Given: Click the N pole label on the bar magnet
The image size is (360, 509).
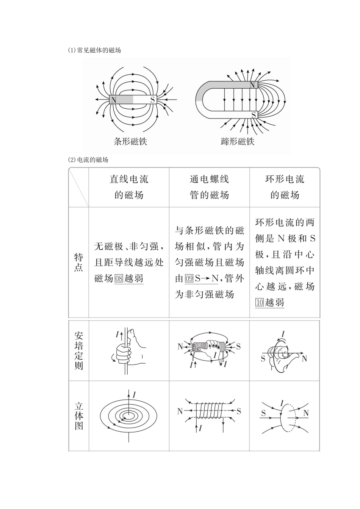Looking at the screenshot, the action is (x=113, y=100).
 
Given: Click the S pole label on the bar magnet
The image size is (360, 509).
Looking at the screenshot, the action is (x=153, y=100).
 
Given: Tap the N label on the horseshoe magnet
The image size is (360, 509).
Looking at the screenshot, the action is (x=253, y=85).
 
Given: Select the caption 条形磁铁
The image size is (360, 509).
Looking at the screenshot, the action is (x=130, y=142).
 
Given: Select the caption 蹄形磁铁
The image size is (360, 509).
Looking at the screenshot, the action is (x=238, y=142).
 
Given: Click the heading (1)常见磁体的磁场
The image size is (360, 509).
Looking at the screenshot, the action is (x=94, y=50).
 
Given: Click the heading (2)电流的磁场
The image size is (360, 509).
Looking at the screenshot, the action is (x=88, y=160).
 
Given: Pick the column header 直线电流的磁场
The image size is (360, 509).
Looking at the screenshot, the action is (x=129, y=187).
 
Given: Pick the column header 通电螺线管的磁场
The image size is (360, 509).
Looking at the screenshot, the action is (x=209, y=187).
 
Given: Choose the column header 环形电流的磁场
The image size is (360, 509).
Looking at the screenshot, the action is (x=285, y=187).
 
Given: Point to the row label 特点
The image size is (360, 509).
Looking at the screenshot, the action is (x=78, y=262).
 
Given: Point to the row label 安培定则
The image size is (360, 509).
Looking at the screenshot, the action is (x=78, y=350).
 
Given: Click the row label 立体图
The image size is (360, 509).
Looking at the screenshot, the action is (x=78, y=416).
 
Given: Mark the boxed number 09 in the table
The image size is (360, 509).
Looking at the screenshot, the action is (x=189, y=279).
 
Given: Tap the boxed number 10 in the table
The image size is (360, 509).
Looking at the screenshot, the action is (x=260, y=303).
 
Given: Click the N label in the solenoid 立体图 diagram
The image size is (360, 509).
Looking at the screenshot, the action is (x=180, y=411).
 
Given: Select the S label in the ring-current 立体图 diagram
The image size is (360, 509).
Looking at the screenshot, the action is (x=263, y=413).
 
